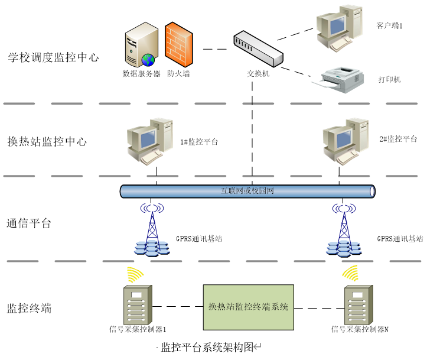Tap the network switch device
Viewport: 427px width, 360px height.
(259, 49)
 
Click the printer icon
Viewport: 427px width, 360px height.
(342, 79)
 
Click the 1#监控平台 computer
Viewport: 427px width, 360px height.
(151, 141)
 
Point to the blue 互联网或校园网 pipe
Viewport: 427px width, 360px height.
(247, 191)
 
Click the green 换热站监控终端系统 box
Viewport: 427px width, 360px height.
(248, 307)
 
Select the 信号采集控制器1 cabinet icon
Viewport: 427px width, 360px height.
(136, 304)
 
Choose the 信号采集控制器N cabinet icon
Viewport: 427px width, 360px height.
(358, 304)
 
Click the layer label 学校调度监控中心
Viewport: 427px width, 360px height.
(53, 57)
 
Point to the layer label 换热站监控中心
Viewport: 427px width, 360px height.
(47, 142)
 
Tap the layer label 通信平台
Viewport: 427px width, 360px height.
(29, 223)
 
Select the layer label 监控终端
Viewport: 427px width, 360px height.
(29, 308)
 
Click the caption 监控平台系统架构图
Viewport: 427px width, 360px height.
(207, 347)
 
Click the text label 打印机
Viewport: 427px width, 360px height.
(389, 79)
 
